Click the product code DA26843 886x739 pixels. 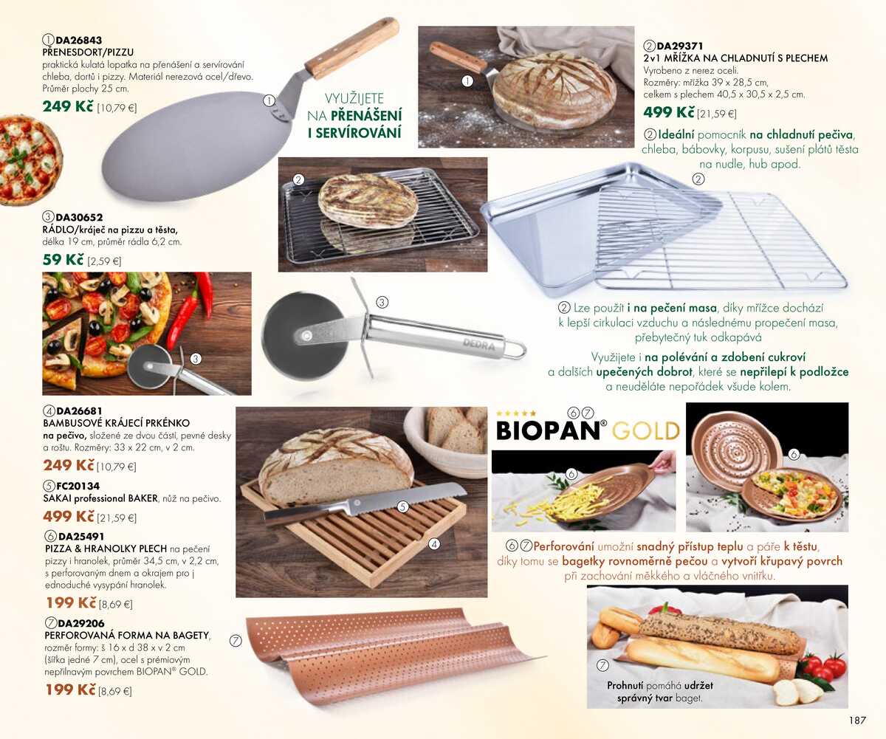(x=79, y=40)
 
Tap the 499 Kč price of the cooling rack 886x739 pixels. (x=669, y=112)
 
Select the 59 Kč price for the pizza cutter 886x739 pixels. (x=63, y=260)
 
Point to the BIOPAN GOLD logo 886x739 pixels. (x=587, y=430)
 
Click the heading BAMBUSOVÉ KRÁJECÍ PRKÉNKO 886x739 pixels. (x=117, y=423)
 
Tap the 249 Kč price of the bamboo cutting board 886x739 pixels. (x=69, y=465)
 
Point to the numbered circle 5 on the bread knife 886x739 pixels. (x=402, y=506)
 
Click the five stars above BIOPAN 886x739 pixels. (x=516, y=413)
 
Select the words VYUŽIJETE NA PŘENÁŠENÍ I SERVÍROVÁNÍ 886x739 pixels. (x=354, y=115)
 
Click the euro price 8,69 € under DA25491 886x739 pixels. (x=116, y=604)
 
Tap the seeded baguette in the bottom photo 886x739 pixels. (x=720, y=633)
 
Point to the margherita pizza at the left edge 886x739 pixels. (x=28, y=159)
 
